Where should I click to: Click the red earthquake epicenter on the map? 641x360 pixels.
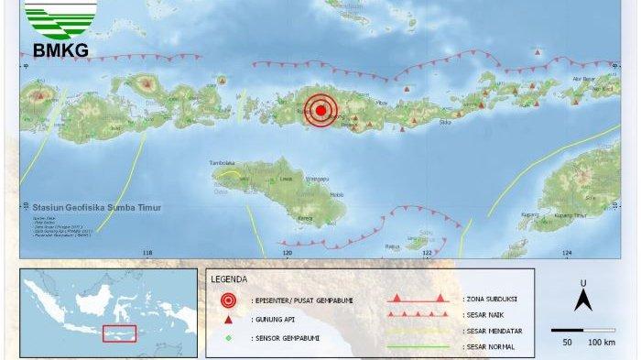pos(320,111)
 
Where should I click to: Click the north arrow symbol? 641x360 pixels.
pos(581,298)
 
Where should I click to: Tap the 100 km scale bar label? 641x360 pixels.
pos(601,342)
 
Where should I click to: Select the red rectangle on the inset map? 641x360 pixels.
pos(119,334)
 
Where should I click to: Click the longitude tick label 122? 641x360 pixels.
pos(428,253)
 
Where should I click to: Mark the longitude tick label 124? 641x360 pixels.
pos(567,253)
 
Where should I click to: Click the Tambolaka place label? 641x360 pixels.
pos(223,163)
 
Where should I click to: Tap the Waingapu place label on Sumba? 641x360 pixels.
pos(316,179)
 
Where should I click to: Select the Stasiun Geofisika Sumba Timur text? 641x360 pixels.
pos(92,208)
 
